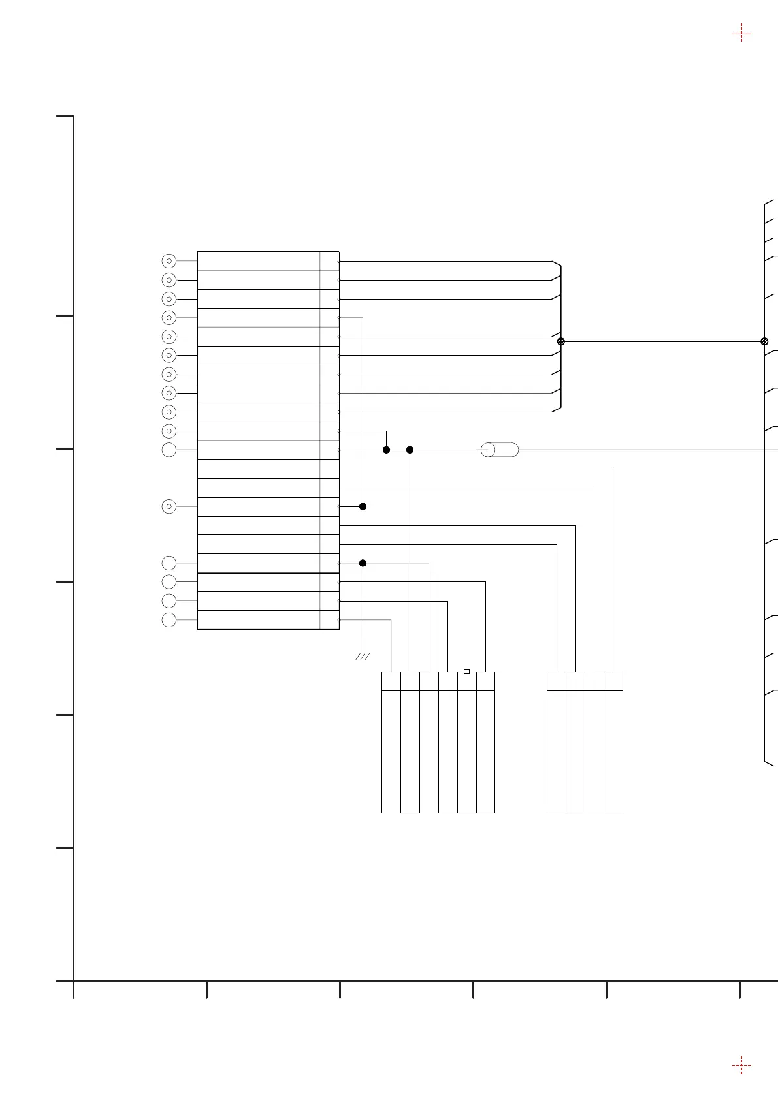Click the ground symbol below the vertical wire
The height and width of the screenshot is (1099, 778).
(363, 656)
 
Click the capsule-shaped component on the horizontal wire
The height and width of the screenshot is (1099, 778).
(500, 450)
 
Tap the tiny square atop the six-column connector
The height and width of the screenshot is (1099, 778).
(466, 671)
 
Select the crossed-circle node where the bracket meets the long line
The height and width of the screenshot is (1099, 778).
(560, 341)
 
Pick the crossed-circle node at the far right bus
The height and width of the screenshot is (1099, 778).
(764, 341)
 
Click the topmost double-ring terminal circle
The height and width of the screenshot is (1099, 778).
(169, 261)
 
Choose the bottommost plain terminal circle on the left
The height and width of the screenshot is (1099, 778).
(169, 620)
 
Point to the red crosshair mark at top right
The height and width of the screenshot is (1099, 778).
(741, 33)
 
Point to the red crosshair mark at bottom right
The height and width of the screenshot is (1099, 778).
(741, 1066)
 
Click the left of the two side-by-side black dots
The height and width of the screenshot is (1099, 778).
(386, 450)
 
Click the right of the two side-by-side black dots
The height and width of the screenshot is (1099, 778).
(410, 450)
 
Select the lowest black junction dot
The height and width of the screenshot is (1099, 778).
(363, 563)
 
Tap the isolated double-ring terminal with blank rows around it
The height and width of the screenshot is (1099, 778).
(169, 506)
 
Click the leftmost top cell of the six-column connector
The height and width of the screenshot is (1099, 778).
(391, 681)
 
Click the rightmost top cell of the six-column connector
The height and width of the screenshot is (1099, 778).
(485, 681)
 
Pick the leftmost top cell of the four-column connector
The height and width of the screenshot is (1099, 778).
(556, 681)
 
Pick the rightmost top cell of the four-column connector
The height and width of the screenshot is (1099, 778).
(613, 681)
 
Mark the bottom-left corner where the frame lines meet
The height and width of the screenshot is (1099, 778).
(73, 981)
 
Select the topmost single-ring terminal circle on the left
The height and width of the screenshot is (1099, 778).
(169, 450)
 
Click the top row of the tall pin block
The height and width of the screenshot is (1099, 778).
(268, 261)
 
